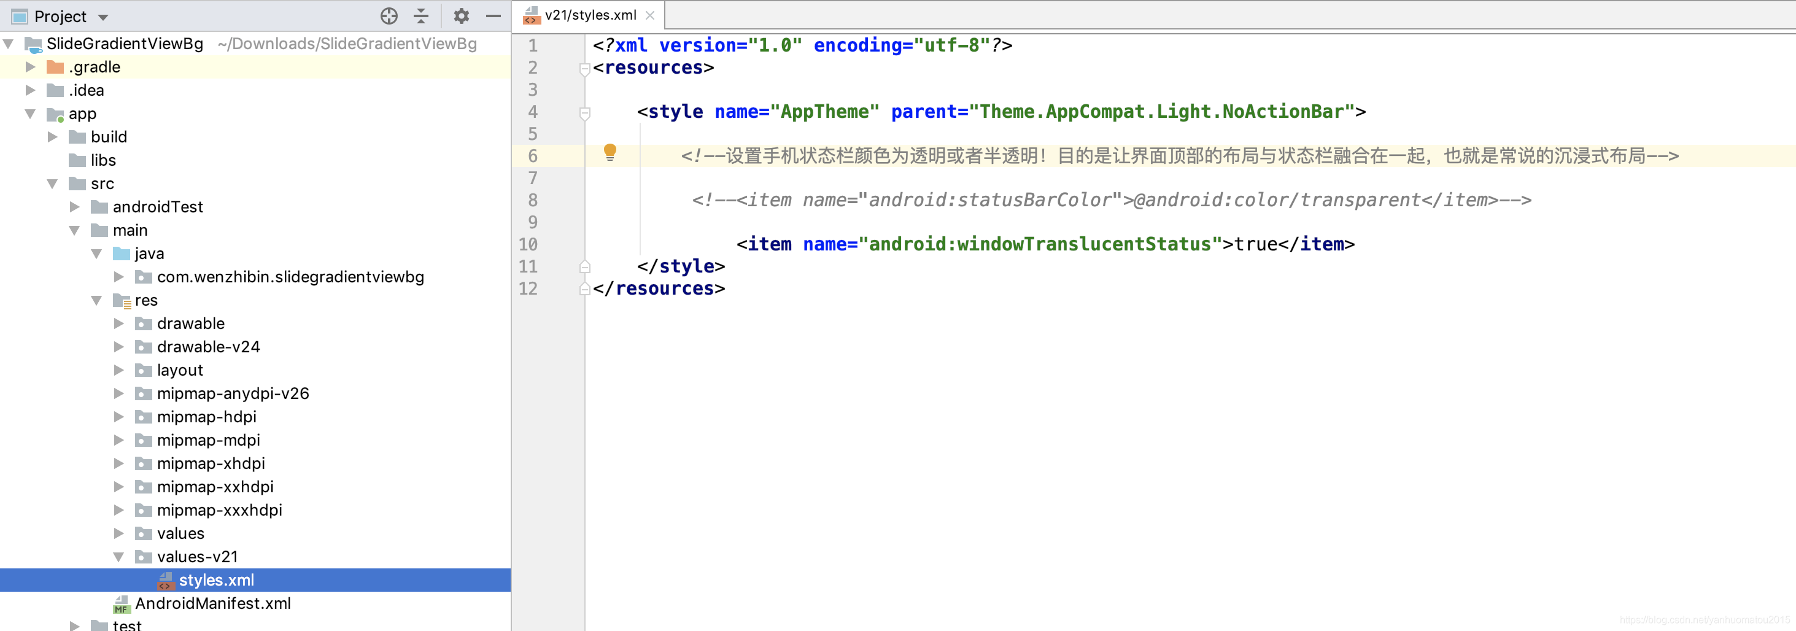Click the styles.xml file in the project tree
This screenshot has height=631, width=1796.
pyautogui.click(x=216, y=580)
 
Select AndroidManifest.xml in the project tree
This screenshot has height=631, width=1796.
pyautogui.click(x=212, y=603)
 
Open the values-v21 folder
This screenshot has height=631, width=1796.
pyautogui.click(x=197, y=556)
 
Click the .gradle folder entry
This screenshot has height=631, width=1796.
pyautogui.click(x=94, y=67)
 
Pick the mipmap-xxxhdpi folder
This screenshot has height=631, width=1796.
pyautogui.click(x=220, y=509)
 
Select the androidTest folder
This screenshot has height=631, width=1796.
pyautogui.click(x=158, y=207)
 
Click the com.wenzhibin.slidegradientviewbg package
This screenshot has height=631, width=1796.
pyautogui.click(x=290, y=277)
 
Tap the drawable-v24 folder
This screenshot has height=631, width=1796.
pyautogui.click(x=209, y=347)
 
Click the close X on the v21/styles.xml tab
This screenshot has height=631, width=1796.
pyautogui.click(x=650, y=15)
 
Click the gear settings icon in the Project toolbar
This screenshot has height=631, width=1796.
pyautogui.click(x=461, y=16)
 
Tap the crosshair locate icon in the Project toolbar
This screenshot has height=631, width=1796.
pyautogui.click(x=389, y=16)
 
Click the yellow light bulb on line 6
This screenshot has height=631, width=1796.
pyautogui.click(x=610, y=152)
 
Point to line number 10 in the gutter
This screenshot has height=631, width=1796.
pyautogui.click(x=528, y=245)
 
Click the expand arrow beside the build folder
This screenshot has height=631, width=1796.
pyautogui.click(x=52, y=137)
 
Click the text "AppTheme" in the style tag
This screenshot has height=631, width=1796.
pyautogui.click(x=824, y=112)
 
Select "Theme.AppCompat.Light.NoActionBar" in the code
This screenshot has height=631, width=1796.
pyautogui.click(x=1161, y=112)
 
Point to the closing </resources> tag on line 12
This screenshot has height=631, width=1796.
pyautogui.click(x=659, y=288)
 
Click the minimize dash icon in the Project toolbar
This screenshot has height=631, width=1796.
pyautogui.click(x=494, y=16)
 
